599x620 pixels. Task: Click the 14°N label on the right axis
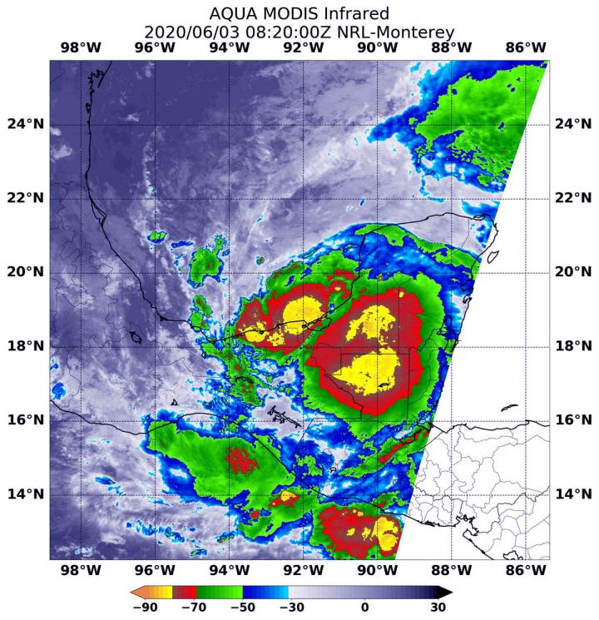[572, 494]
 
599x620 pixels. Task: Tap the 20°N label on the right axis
[572, 272]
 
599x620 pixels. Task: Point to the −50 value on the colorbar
[248, 608]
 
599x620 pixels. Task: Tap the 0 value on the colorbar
[364, 608]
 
